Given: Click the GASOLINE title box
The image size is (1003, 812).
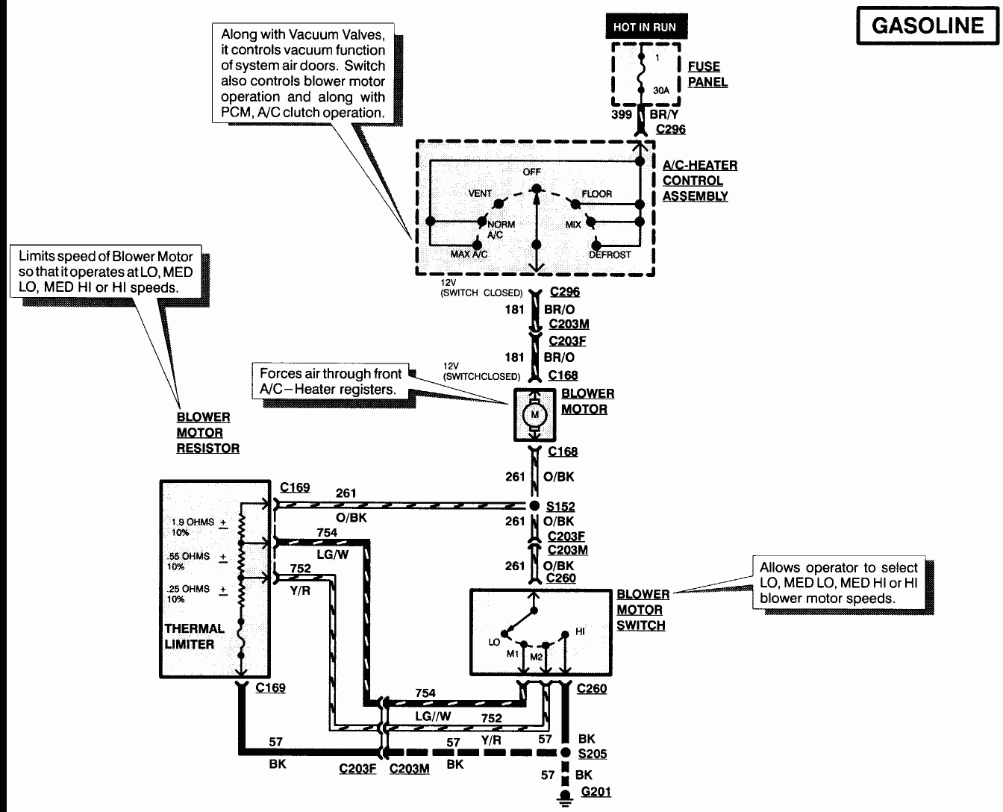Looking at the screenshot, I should (x=927, y=25).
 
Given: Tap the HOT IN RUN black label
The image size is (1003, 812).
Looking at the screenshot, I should (x=644, y=27).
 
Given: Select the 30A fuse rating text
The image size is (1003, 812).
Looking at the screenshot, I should (x=661, y=90).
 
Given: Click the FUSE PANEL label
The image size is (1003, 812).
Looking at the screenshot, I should (x=707, y=75).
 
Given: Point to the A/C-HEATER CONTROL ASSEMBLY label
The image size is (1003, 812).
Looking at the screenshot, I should (x=699, y=181).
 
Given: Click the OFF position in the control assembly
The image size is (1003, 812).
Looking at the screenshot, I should (x=531, y=172).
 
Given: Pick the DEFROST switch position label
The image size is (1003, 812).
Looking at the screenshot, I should (x=610, y=254).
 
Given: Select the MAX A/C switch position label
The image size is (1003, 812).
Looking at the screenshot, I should (x=469, y=254).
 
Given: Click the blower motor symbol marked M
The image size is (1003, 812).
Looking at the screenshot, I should (x=534, y=413).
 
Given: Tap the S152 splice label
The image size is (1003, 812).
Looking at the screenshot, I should (x=560, y=506).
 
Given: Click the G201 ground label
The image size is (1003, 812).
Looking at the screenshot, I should (x=596, y=792).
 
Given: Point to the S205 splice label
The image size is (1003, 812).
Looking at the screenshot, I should (x=592, y=754).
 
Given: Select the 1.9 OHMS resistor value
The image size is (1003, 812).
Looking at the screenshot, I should (x=193, y=522).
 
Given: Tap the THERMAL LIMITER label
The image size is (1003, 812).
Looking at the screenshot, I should (x=194, y=637).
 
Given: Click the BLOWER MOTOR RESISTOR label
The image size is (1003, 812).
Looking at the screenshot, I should (x=207, y=433).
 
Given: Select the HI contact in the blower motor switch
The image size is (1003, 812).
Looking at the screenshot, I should (x=580, y=631).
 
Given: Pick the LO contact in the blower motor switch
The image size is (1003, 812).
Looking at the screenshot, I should (x=494, y=642).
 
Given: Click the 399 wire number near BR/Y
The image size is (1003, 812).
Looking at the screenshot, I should (x=621, y=114).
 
